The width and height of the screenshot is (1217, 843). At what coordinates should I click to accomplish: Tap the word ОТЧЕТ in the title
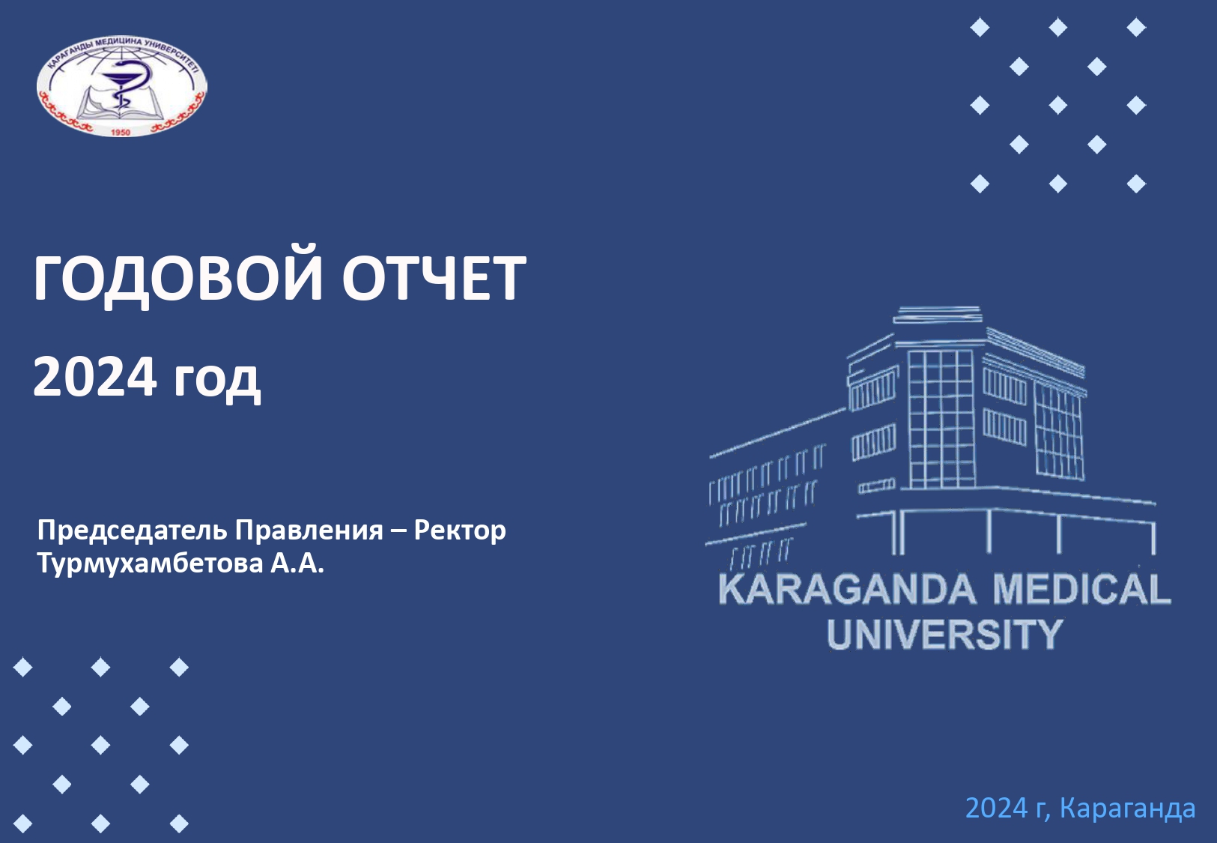(x=434, y=278)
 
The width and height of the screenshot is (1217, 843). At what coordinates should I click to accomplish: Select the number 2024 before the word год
(x=94, y=376)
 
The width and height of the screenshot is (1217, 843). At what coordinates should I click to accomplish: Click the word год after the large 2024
(x=216, y=380)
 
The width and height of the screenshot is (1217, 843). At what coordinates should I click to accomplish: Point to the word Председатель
(x=132, y=531)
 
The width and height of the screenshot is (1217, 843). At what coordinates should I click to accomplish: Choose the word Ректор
(x=460, y=531)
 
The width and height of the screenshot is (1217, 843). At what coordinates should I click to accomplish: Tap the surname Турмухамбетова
(x=150, y=563)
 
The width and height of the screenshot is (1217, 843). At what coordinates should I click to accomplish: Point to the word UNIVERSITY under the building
(x=944, y=635)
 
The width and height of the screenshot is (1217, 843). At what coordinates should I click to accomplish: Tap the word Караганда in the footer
(x=1127, y=808)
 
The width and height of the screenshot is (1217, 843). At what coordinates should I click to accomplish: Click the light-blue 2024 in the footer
(x=996, y=808)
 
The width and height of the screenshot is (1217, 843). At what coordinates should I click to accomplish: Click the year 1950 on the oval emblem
(x=121, y=133)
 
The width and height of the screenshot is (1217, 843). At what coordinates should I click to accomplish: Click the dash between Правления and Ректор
(x=398, y=531)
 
